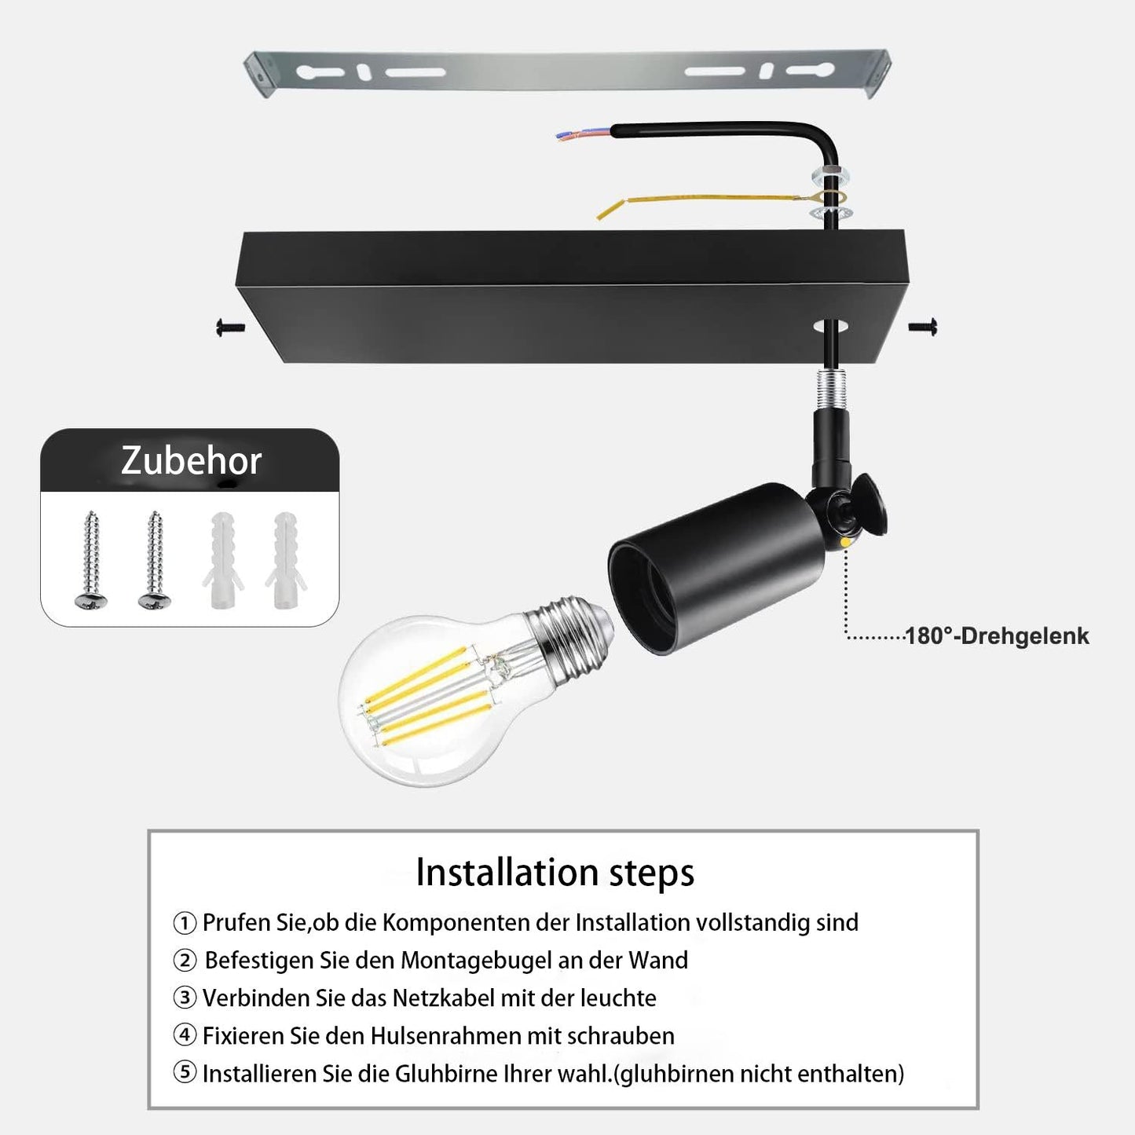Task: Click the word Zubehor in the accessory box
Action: point(191,461)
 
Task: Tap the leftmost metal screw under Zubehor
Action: point(90,559)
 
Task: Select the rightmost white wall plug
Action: point(286,560)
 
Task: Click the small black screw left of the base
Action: point(230,327)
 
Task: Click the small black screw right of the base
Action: point(923,327)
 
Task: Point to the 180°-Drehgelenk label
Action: point(998,636)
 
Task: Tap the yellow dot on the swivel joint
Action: point(845,541)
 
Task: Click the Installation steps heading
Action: point(555,873)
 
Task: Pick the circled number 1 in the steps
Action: point(185,923)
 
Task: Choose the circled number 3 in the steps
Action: point(185,998)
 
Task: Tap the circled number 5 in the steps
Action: point(185,1073)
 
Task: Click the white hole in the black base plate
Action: point(830,326)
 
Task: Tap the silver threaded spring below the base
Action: point(830,390)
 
